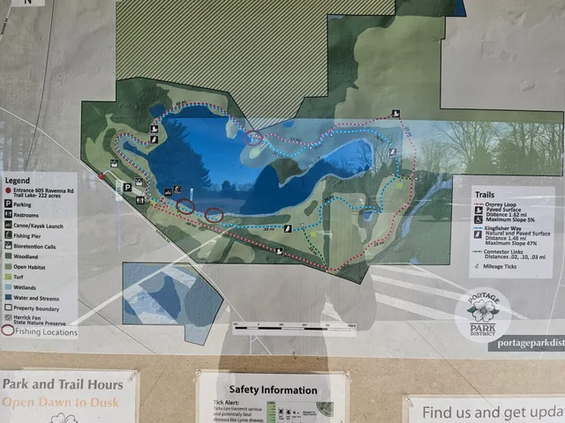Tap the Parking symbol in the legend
[7, 204]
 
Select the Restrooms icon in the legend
[7, 214]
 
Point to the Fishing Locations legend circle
[8, 331]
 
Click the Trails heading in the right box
[489, 195]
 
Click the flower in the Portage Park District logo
[482, 309]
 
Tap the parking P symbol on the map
[127, 187]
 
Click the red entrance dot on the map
[102, 177]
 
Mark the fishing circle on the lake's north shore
[254, 137]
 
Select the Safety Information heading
[272, 390]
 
